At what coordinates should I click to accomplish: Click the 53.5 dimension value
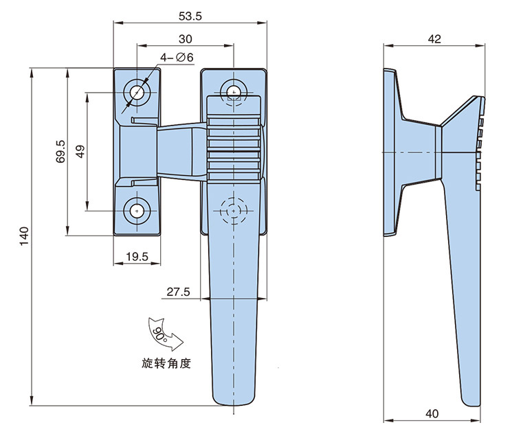click(190, 14)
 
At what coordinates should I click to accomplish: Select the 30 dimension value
click(185, 38)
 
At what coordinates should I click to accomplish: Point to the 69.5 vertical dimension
click(60, 152)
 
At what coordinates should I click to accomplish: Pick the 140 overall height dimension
click(25, 236)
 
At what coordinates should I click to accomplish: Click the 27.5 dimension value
click(178, 292)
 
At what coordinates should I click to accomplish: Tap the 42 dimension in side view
click(434, 39)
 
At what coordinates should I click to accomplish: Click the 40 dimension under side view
click(432, 413)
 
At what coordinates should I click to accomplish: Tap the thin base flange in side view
click(390, 151)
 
